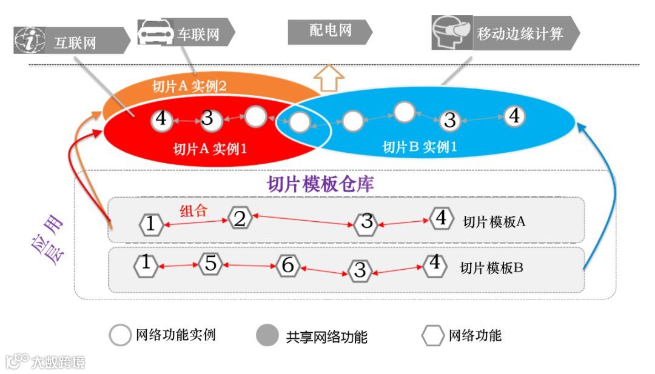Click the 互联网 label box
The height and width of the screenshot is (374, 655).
click(85, 42)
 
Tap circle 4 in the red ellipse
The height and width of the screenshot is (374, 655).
click(161, 119)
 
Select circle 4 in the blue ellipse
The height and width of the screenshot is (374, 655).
click(514, 116)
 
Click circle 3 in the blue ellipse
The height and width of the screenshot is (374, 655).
click(449, 120)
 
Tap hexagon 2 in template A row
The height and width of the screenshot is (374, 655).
click(240, 218)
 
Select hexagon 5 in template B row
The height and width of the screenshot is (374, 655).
click(210, 264)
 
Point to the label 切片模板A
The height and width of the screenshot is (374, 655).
click(494, 221)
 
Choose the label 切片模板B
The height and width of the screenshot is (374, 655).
click(491, 267)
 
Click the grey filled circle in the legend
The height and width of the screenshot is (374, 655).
click(267, 335)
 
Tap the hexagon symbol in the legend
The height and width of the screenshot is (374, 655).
click(432, 335)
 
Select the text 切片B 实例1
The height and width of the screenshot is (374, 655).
click(419, 147)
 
